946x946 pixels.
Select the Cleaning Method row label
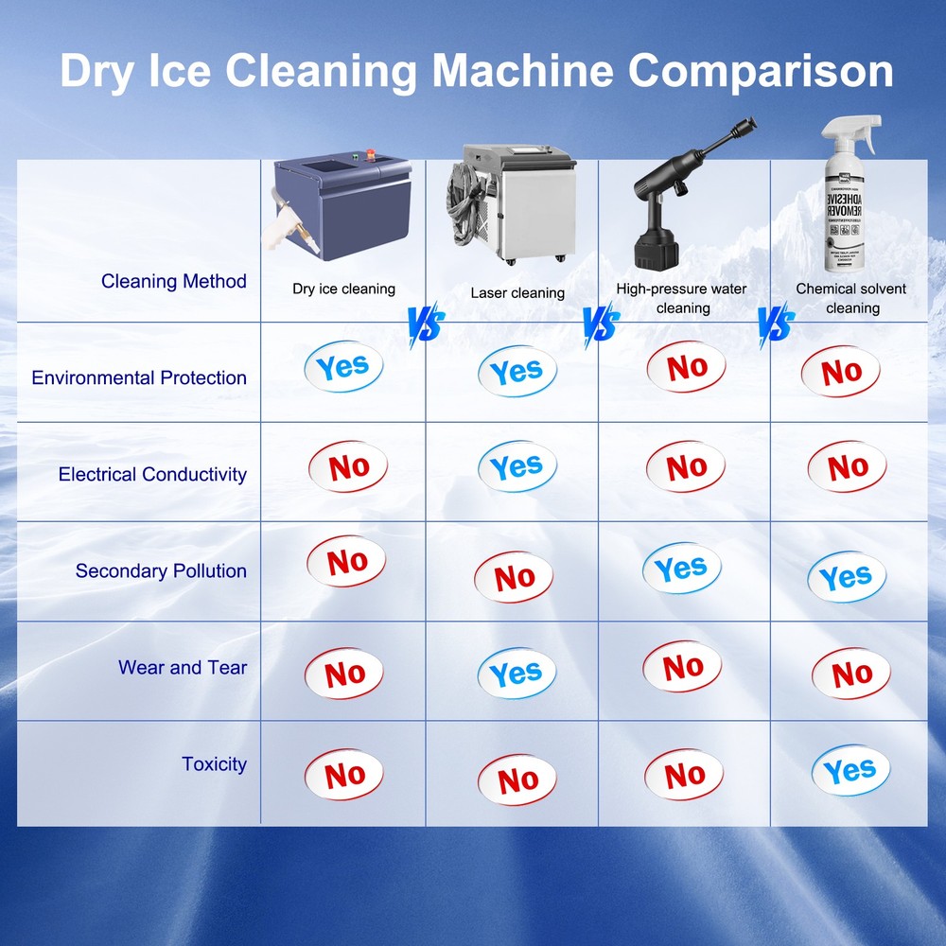(174, 281)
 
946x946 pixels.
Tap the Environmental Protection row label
(139, 377)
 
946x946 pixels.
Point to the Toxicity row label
(214, 763)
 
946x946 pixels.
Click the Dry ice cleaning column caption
(343, 289)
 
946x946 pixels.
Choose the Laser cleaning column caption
(517, 292)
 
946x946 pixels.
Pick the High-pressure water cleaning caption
(682, 298)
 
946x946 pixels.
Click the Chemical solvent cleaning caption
(851, 298)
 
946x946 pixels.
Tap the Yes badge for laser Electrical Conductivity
(517, 467)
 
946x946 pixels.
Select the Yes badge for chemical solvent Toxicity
(850, 771)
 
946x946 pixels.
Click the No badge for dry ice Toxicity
(344, 776)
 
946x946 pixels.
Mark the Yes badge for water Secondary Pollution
(681, 569)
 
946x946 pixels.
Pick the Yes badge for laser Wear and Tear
(517, 674)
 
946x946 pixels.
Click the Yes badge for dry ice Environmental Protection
(342, 367)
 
